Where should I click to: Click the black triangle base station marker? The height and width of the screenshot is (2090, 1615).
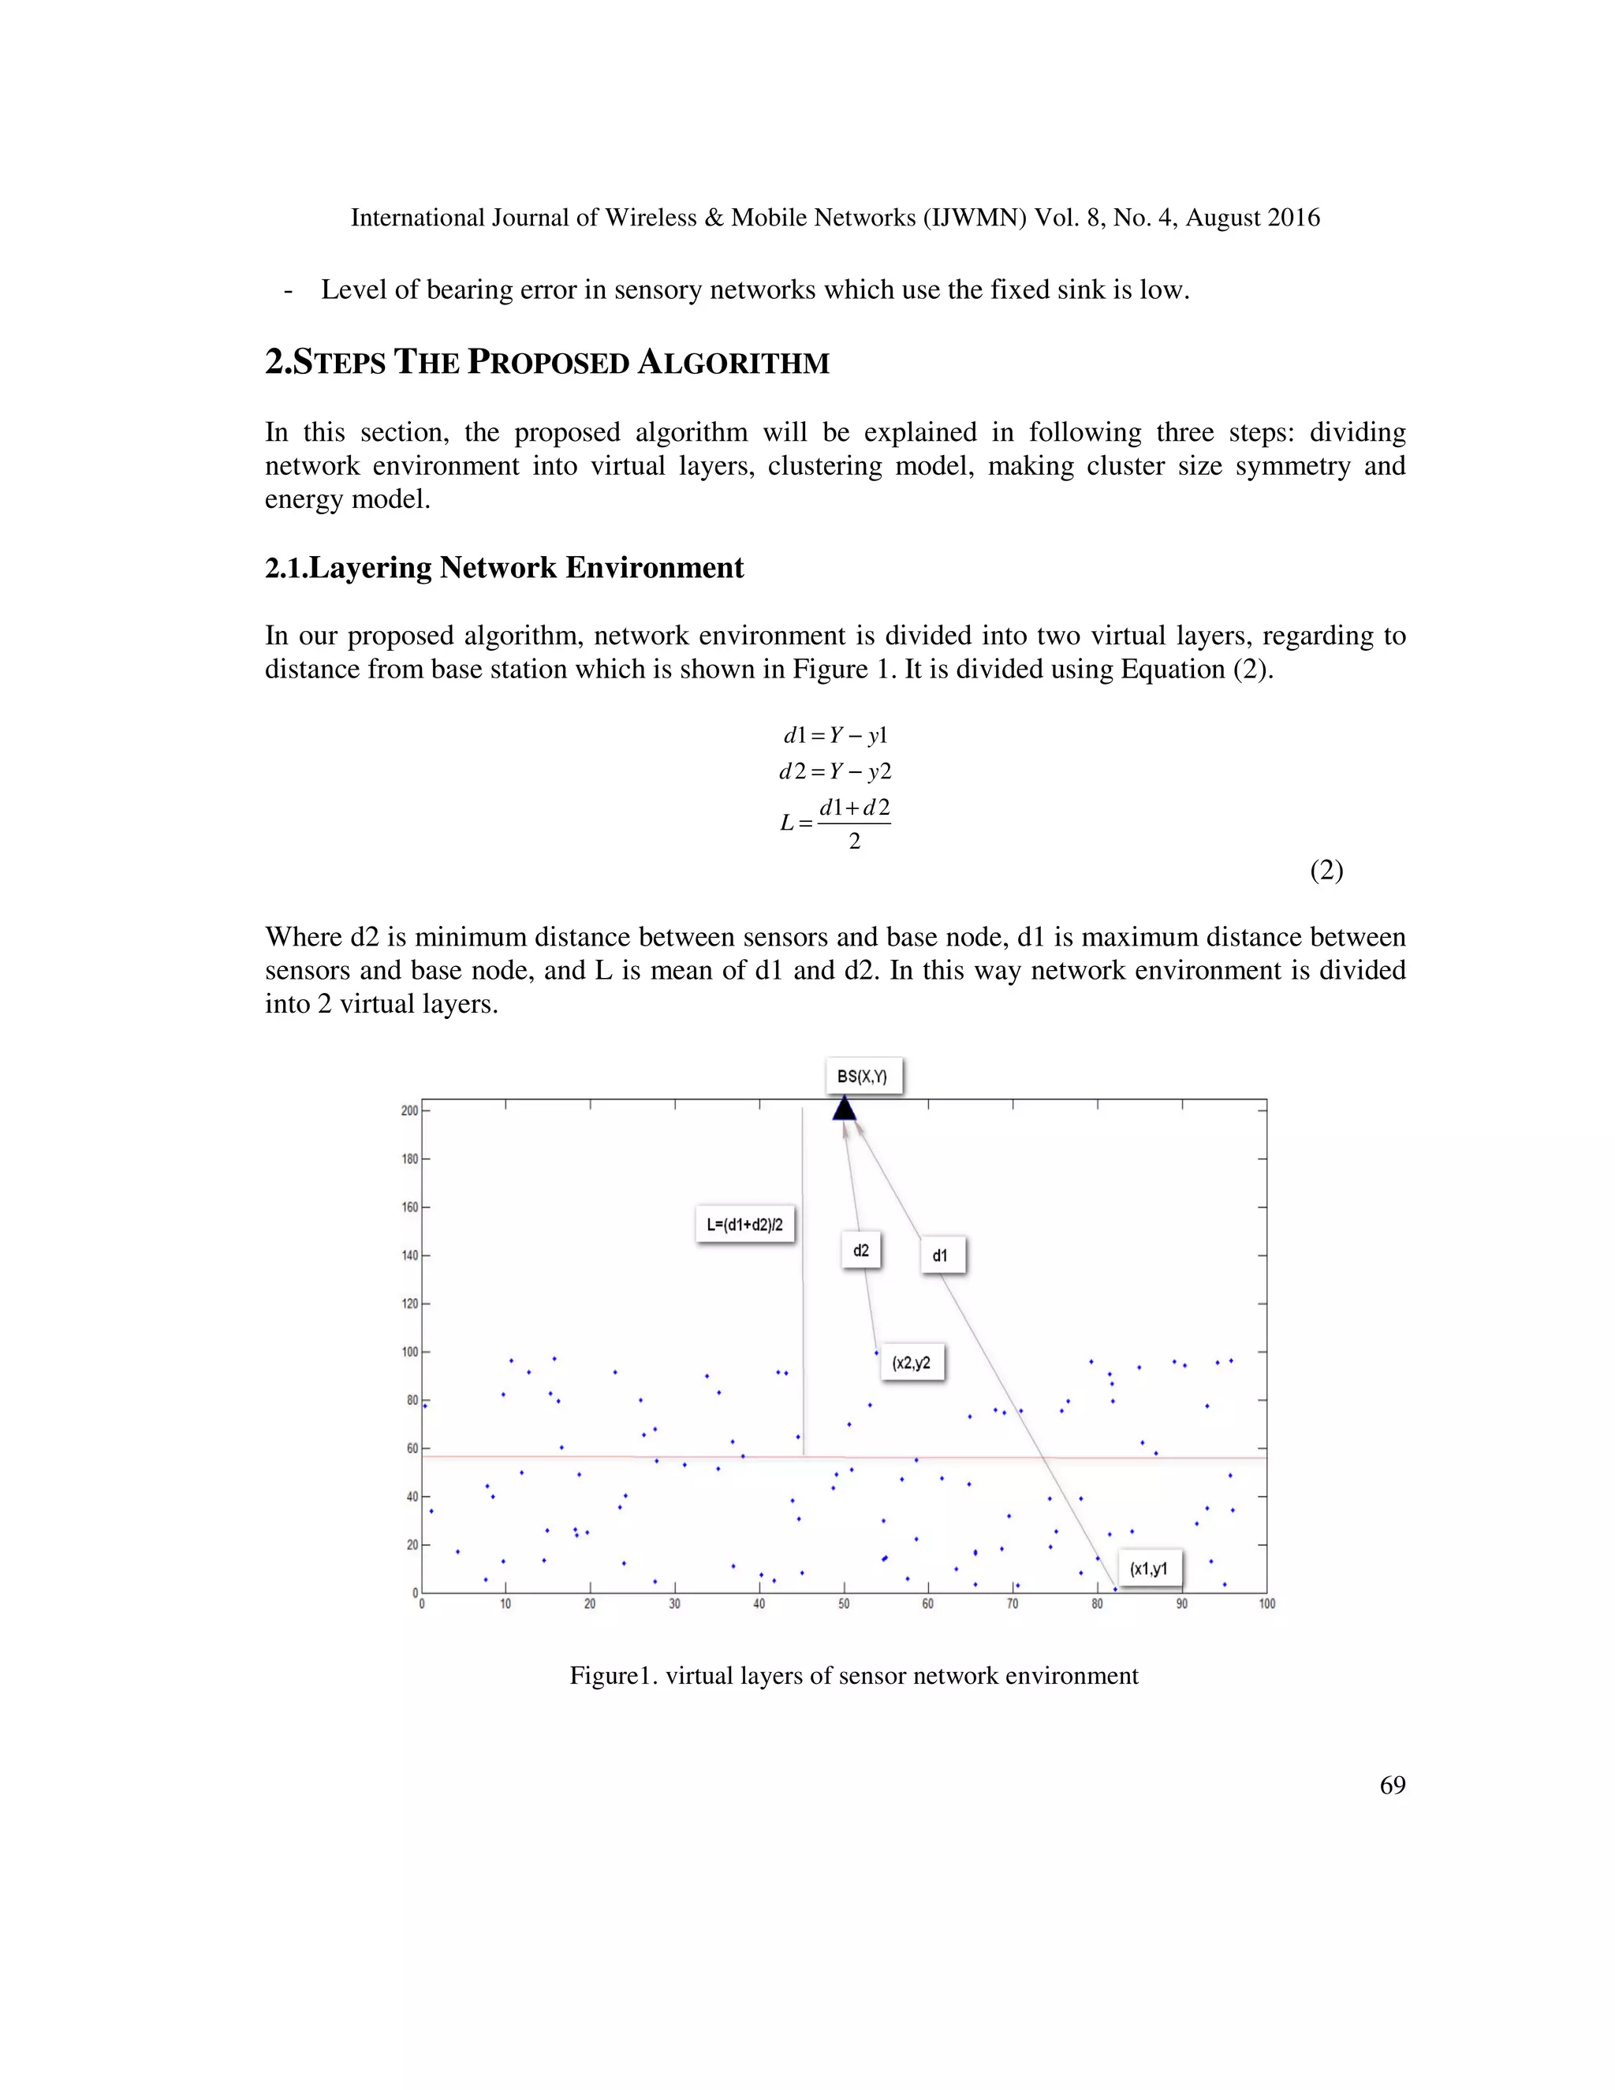[x=844, y=1109]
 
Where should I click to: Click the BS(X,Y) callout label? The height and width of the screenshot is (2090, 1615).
[x=863, y=1077]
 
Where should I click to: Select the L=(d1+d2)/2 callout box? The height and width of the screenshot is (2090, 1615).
[x=745, y=1224]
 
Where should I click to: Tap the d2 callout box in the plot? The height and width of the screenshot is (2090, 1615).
[x=861, y=1250]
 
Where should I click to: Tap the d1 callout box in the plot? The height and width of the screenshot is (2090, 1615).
[x=942, y=1256]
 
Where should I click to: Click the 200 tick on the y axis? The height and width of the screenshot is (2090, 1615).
[x=409, y=1111]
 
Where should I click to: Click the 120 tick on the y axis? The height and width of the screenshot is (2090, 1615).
[x=409, y=1304]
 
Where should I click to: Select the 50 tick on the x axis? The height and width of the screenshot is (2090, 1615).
[x=844, y=1604]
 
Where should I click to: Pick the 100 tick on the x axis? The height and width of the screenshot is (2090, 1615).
[x=1266, y=1604]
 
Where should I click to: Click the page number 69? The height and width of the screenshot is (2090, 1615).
[x=1392, y=1785]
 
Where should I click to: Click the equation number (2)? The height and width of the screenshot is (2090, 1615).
[x=1326, y=870]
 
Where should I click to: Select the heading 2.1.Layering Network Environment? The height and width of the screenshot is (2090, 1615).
[x=504, y=568]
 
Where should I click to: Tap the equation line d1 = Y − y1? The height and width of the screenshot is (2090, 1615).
[x=835, y=735]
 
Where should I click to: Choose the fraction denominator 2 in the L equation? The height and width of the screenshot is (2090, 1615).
[x=854, y=842]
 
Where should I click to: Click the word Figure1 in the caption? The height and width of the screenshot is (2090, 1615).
[x=609, y=1676]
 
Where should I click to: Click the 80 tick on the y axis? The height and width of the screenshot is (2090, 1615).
[x=412, y=1400]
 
